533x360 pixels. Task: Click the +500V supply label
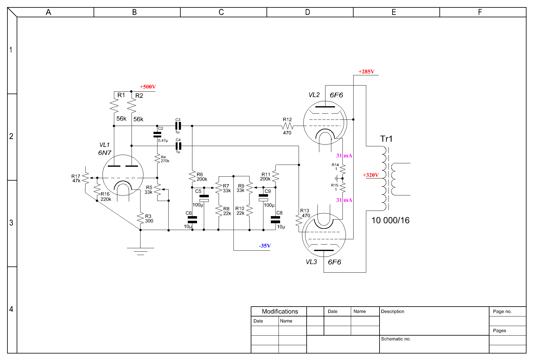[148, 87]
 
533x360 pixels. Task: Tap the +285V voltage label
[366, 72]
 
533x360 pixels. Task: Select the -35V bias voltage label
[265, 246]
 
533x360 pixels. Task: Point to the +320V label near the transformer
[371, 175]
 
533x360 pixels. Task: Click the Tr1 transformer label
[386, 139]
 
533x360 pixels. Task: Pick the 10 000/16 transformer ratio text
[390, 220]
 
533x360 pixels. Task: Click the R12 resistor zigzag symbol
[287, 126]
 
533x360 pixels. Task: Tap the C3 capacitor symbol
[178, 126]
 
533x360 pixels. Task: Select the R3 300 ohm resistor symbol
[141, 218]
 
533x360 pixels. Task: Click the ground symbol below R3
[140, 251]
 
